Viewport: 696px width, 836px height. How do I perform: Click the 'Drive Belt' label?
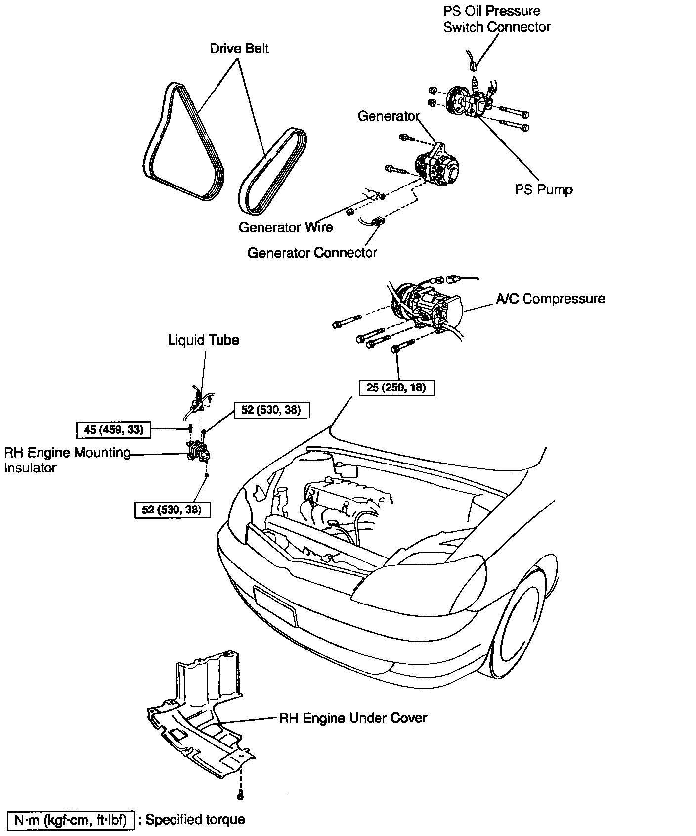click(x=239, y=48)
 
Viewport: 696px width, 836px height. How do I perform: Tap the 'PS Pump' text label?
click(x=544, y=190)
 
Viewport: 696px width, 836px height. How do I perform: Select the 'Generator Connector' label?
click(x=312, y=253)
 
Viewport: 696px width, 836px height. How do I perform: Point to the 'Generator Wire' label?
click(x=286, y=227)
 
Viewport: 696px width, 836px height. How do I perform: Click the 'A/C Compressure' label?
click(x=550, y=299)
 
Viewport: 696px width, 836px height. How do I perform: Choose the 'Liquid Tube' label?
click(x=203, y=340)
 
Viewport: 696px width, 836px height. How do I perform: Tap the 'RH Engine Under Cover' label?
click(x=353, y=718)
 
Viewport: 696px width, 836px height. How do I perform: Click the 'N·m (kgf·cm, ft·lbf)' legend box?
click(x=71, y=820)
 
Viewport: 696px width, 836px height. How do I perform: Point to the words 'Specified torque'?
click(x=195, y=820)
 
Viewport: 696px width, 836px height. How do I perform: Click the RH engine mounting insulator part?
click(x=199, y=451)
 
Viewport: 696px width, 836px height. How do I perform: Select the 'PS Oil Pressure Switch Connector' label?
click(x=496, y=19)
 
